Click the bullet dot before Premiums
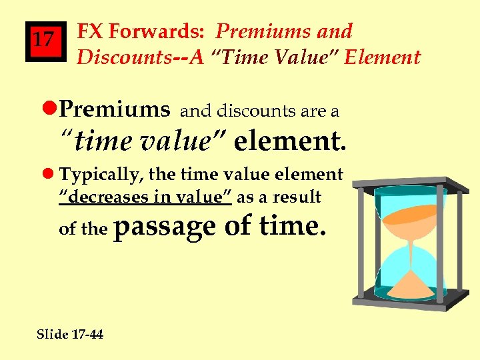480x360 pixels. (52, 109)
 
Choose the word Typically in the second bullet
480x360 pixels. (101, 175)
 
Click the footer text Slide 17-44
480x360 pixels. (70, 334)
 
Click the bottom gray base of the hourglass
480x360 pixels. (407, 302)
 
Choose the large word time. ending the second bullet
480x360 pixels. (294, 227)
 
